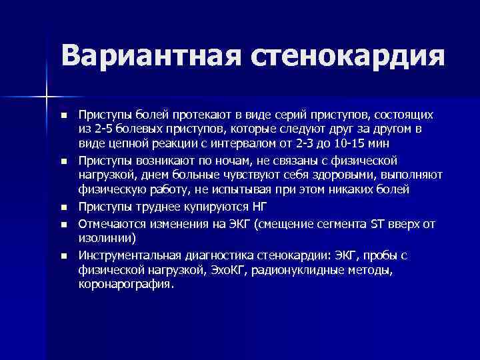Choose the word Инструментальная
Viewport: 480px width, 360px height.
click(x=125, y=255)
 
